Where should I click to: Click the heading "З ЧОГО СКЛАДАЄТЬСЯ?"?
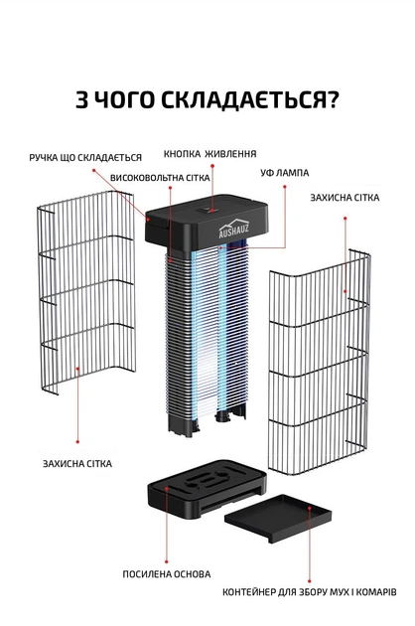[207, 99]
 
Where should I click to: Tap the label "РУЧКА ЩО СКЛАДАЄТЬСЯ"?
[85, 158]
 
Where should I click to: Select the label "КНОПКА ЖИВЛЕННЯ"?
[209, 154]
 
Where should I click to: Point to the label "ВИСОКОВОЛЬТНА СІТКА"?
[160, 178]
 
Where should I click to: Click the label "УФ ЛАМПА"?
[285, 173]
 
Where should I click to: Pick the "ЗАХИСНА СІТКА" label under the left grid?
[77, 464]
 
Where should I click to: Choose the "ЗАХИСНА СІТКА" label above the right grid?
[345, 198]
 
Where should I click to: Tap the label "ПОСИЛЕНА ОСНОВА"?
[167, 574]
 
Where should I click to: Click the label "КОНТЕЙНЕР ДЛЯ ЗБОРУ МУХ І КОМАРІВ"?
[309, 592]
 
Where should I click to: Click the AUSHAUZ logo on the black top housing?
[234, 230]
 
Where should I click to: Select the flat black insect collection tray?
[278, 518]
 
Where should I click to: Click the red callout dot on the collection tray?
[309, 508]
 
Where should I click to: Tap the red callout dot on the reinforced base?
[167, 488]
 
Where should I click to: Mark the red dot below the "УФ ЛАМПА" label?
[285, 187]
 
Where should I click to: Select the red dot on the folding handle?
[148, 220]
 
